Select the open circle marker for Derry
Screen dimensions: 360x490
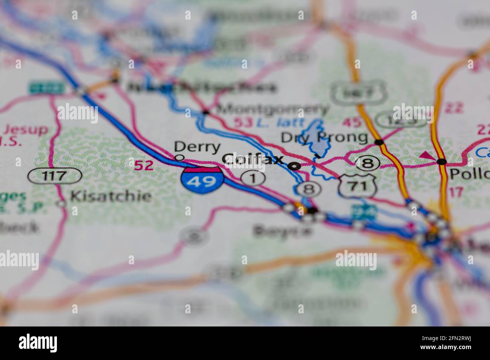click(180, 157)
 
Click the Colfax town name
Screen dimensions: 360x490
click(253, 159)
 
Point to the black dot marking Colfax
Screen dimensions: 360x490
click(294, 165)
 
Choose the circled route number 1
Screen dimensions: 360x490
click(253, 178)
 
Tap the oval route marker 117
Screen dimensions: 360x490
click(55, 175)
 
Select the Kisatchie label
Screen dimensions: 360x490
click(111, 196)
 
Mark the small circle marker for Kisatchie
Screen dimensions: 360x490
click(61, 204)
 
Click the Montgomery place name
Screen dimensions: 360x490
click(273, 109)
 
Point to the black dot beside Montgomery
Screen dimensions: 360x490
click(205, 111)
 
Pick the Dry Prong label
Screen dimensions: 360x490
click(324, 137)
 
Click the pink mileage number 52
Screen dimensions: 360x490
click(144, 165)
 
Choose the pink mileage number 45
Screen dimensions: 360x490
click(352, 122)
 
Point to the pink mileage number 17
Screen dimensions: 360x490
click(456, 192)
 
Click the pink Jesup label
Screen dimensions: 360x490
click(26, 130)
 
